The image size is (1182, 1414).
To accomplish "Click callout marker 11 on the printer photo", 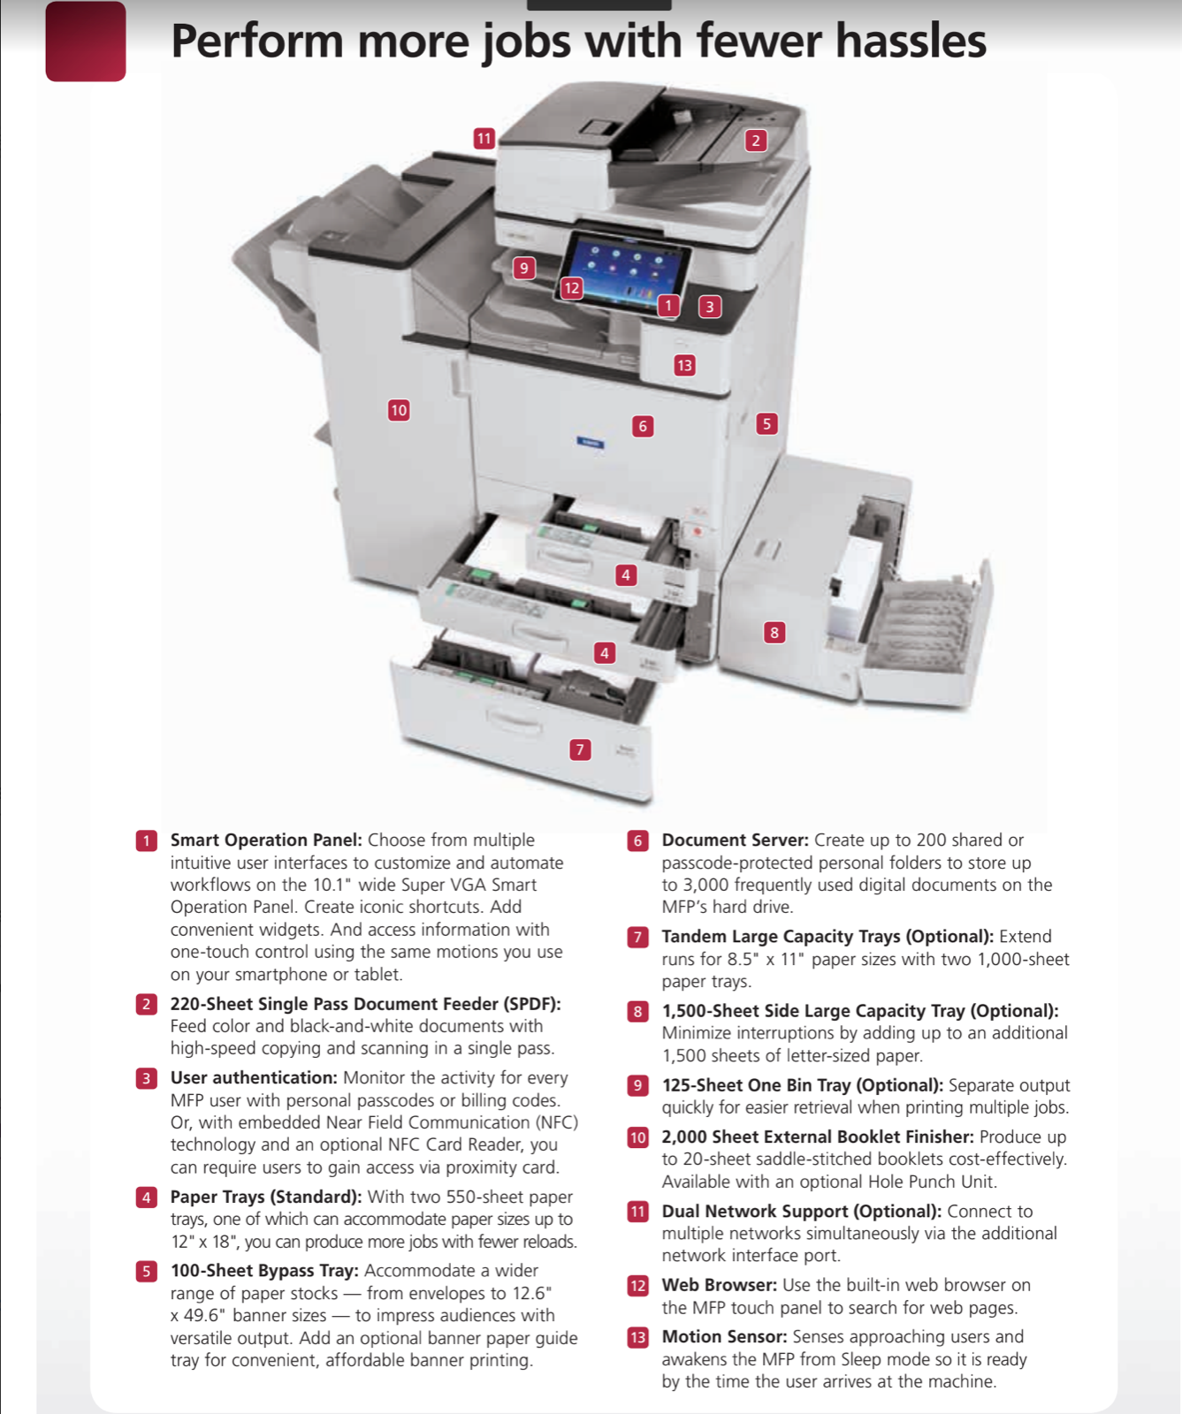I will click(x=484, y=139).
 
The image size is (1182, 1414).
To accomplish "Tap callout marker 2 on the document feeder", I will click(x=755, y=141).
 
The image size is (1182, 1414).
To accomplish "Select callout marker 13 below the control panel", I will click(x=684, y=365).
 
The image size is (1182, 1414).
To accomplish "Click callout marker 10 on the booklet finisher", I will click(x=399, y=410).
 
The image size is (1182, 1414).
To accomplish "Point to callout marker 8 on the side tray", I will click(x=774, y=632).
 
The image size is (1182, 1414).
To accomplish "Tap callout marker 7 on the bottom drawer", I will click(x=580, y=749).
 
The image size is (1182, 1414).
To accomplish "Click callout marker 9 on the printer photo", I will click(x=524, y=268).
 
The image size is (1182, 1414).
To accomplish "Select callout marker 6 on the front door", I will click(x=643, y=426).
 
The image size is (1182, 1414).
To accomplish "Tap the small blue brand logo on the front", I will click(x=591, y=443).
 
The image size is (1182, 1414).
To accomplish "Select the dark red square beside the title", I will click(x=86, y=42).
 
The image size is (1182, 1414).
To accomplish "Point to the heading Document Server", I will click(x=735, y=840).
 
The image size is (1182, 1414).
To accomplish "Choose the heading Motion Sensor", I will click(x=724, y=1337).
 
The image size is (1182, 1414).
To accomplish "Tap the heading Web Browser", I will click(x=719, y=1285).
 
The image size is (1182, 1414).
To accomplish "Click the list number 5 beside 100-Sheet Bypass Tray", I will click(x=147, y=1272).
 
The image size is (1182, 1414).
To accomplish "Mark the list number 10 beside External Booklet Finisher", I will click(x=638, y=1137).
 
